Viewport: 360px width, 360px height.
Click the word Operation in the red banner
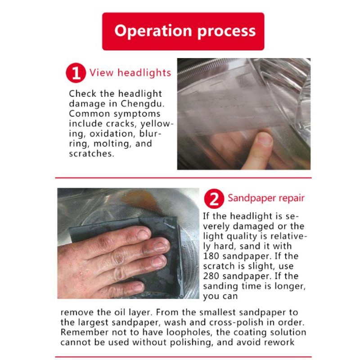[153, 31]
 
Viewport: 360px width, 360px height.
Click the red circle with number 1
[76, 73]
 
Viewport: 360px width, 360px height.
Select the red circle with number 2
[214, 198]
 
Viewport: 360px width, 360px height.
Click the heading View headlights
[130, 73]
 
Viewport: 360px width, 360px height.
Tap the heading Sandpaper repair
[266, 198]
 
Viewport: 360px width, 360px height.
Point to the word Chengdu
[143, 104]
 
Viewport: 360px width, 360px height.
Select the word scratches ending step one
[91, 153]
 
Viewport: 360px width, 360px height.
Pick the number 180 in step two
[211, 256]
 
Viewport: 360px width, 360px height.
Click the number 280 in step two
[211, 276]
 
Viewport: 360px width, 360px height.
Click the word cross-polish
[236, 323]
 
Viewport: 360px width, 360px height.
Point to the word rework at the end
[279, 342]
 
